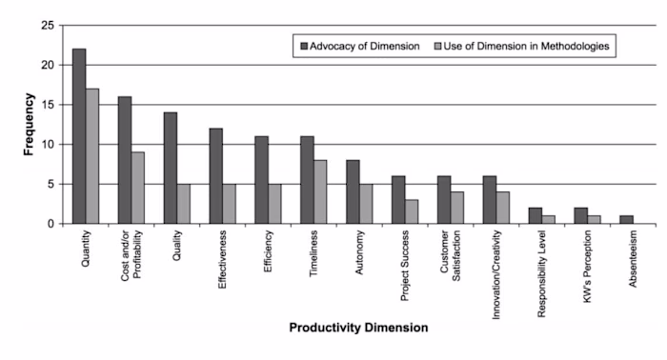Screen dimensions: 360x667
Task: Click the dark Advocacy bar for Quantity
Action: (x=79, y=136)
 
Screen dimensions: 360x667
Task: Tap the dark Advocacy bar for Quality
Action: (x=170, y=168)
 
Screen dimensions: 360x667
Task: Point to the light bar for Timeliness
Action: (x=319, y=191)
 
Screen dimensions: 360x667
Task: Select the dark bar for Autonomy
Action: (x=353, y=191)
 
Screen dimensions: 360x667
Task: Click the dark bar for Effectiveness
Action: (x=215, y=176)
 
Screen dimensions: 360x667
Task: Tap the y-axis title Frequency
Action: (x=30, y=123)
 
